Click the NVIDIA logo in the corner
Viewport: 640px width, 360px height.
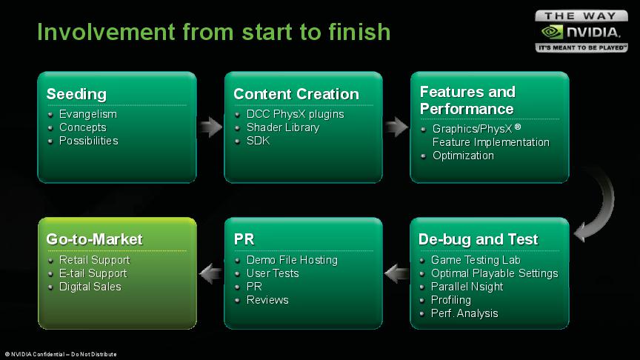tap(581, 32)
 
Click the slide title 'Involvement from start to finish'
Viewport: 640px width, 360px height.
tap(213, 31)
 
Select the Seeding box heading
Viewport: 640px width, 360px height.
tap(76, 94)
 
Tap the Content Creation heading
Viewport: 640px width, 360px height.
tap(296, 94)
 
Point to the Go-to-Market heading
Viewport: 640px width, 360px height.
tap(94, 239)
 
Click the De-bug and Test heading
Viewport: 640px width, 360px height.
tap(478, 239)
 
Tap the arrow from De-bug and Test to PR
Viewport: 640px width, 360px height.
tap(396, 273)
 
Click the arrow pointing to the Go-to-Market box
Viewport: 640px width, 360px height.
tap(210, 273)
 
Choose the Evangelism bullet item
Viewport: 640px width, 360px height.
tap(87, 114)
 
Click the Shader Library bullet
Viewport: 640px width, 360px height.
tap(282, 127)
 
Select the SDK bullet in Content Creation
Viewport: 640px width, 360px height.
tap(258, 141)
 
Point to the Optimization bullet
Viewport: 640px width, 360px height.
tap(463, 156)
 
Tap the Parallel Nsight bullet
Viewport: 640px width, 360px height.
tap(467, 287)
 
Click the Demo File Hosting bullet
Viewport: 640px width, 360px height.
tap(291, 260)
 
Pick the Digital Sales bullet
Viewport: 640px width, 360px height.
tap(90, 287)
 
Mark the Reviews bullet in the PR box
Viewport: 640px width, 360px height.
tap(267, 300)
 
